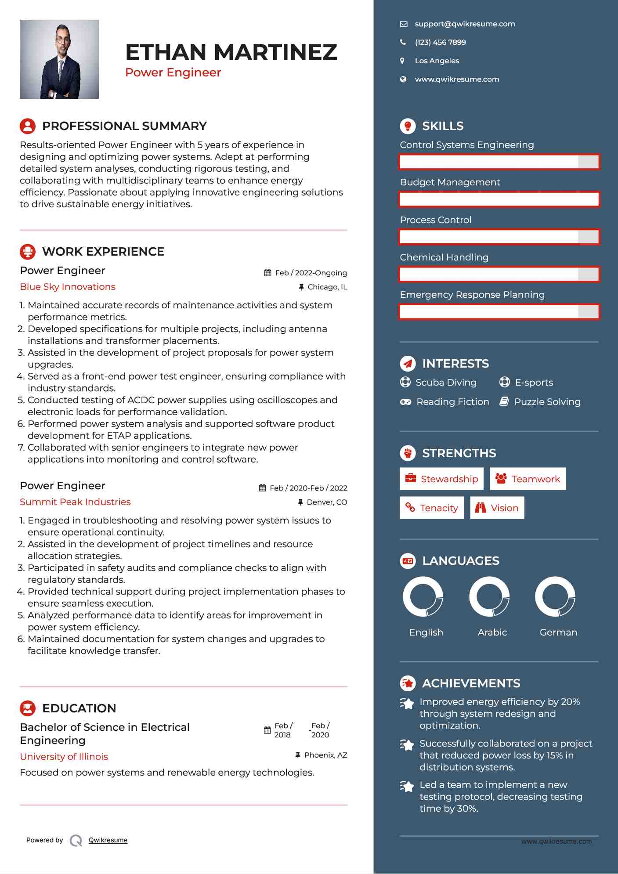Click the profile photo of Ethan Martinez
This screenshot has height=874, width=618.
pyautogui.click(x=59, y=59)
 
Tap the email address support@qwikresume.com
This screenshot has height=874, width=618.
pyautogui.click(x=465, y=24)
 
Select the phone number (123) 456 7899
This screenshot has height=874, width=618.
pyautogui.click(x=440, y=43)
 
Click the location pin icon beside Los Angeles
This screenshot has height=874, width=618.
pyautogui.click(x=402, y=61)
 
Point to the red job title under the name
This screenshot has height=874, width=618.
pyautogui.click(x=173, y=72)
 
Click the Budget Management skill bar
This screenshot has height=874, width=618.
pyautogui.click(x=499, y=199)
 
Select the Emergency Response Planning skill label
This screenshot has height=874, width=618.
pyautogui.click(x=472, y=295)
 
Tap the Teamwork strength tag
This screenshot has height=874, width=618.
pyautogui.click(x=528, y=479)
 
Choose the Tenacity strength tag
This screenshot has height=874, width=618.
pyautogui.click(x=432, y=508)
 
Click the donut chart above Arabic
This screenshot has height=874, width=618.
pyautogui.click(x=489, y=597)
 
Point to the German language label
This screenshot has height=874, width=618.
pyautogui.click(x=558, y=632)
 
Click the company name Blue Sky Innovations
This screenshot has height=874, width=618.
pyautogui.click(x=68, y=287)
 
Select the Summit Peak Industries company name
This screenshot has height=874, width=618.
pyautogui.click(x=75, y=502)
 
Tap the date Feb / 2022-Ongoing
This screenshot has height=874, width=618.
pyautogui.click(x=311, y=273)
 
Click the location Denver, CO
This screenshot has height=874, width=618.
pyautogui.click(x=326, y=502)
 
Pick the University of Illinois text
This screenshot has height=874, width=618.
pyautogui.click(x=64, y=757)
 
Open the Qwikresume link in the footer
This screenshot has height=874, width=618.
pyautogui.click(x=108, y=840)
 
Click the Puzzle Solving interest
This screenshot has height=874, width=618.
pyautogui.click(x=547, y=402)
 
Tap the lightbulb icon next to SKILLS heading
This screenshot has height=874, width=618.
pyautogui.click(x=408, y=126)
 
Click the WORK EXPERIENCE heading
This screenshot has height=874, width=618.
pyautogui.click(x=103, y=252)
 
